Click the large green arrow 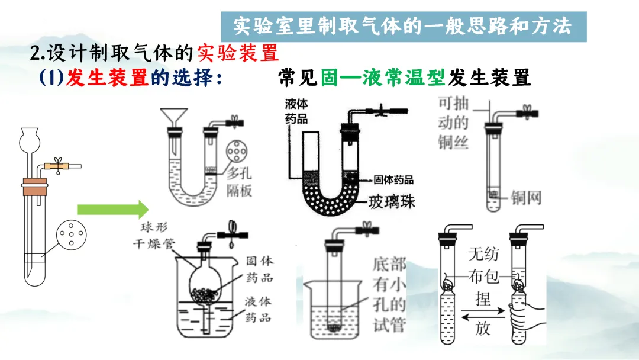[112, 209]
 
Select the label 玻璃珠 [392, 201]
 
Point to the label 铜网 [526, 197]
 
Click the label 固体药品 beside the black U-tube [393, 179]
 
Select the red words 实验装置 [238, 53]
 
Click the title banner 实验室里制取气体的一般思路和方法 [403, 26]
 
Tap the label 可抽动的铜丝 [453, 123]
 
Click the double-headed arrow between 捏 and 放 [483, 311]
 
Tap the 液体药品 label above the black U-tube [296, 111]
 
